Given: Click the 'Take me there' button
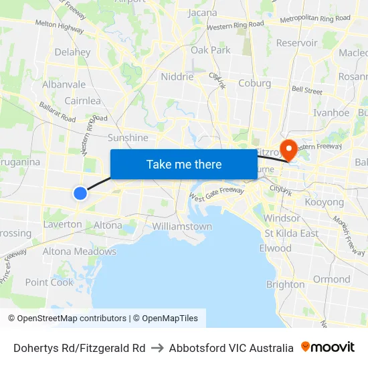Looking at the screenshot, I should pos(184,165).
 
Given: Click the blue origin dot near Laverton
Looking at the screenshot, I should pos(80,193).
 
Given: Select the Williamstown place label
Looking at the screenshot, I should pos(182,226).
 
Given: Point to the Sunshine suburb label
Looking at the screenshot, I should pos(128,138).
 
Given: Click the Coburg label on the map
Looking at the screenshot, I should pos(255,84).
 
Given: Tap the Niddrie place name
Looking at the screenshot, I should pos(177,76).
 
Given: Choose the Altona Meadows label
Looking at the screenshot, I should pos(80,252).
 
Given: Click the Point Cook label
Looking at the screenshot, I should pos(50,282).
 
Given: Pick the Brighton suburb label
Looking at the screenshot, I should pos(286,284).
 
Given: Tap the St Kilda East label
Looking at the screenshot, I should pos(291,234).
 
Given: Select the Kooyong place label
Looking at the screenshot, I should pos(324,202).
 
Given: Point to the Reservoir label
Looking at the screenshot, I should pos(297,43).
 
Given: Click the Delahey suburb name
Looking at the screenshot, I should pos(72,52).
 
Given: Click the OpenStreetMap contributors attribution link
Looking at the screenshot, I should pos(72,318).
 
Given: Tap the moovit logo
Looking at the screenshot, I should pos(328,347).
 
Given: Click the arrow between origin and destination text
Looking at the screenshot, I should pos(157,348).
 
